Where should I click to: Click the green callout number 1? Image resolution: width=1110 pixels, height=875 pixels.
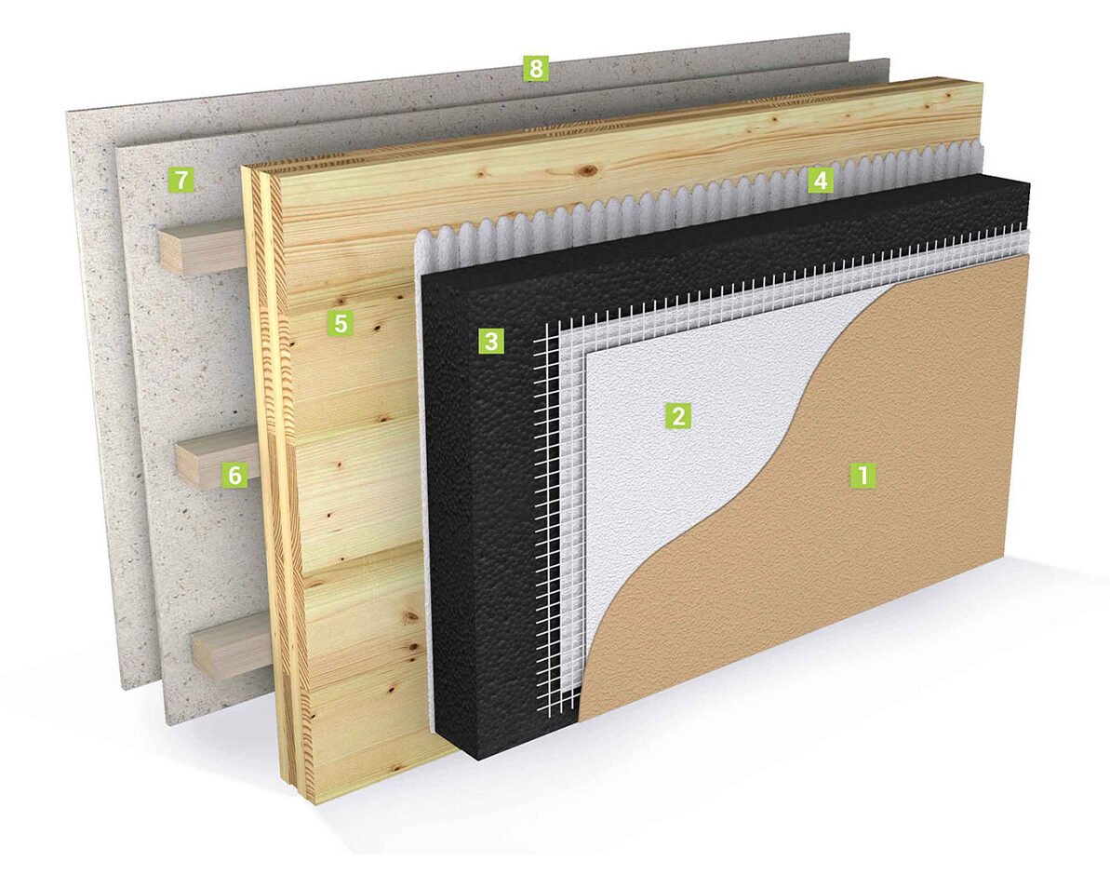coord(863,475)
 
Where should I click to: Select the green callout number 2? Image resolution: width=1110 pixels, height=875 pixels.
coord(677,415)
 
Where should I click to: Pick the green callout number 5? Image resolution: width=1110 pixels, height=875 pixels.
coord(341,324)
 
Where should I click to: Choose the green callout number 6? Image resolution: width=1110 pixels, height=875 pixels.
coord(234,475)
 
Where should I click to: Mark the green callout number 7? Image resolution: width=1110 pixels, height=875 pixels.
coord(181,180)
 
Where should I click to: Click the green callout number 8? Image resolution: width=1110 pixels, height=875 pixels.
coord(535,69)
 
